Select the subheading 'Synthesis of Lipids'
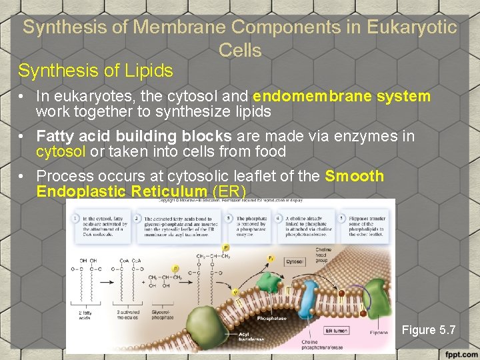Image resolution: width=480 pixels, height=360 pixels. (x=95, y=70)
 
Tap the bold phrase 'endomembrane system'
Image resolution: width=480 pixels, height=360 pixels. (x=342, y=96)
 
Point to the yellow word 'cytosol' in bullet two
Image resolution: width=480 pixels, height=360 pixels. (x=61, y=151)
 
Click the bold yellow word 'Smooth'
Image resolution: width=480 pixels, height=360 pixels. (x=354, y=176)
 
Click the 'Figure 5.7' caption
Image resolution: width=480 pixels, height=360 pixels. (x=429, y=329)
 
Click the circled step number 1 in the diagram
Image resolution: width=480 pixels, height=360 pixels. (x=77, y=218)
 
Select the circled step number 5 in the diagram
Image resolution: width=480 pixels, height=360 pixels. (x=341, y=218)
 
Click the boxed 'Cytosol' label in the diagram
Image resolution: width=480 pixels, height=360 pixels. (x=295, y=262)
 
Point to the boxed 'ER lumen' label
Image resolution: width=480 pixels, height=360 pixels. (x=337, y=330)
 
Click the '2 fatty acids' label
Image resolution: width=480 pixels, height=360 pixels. (x=85, y=314)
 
